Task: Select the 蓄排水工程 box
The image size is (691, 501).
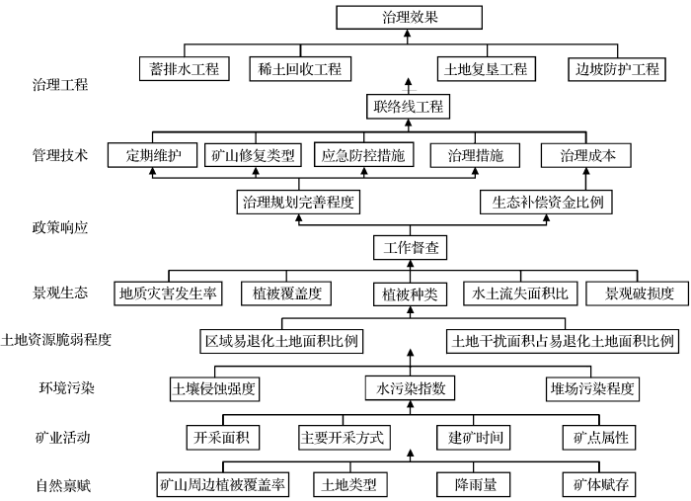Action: pyautogui.click(x=185, y=69)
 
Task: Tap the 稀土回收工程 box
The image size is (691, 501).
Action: pyautogui.click(x=296, y=69)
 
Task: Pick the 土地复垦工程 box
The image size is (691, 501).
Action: pyautogui.click(x=486, y=69)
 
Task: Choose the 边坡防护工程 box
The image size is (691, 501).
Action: pyautogui.click(x=617, y=69)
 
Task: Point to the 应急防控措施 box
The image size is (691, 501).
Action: pyautogui.click(x=364, y=156)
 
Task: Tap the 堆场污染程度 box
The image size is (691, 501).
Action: pyautogui.click(x=591, y=387)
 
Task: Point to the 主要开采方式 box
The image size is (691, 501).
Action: pyautogui.click(x=342, y=436)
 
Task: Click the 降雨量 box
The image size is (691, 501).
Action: pyautogui.click(x=471, y=484)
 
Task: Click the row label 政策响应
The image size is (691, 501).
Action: pyautogui.click(x=60, y=227)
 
